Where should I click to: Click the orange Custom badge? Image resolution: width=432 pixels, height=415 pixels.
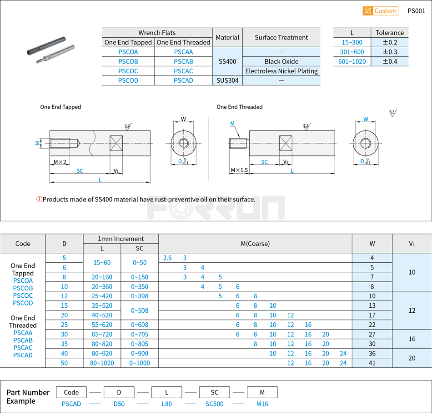point(380,11)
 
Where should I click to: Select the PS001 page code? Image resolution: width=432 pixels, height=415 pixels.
point(416,11)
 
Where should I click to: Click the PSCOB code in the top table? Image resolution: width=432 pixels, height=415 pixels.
point(128,61)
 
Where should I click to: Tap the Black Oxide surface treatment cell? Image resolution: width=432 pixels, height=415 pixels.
point(281,61)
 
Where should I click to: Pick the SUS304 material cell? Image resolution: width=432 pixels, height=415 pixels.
point(227,80)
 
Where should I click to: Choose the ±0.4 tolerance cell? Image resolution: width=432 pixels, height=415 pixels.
point(389,61)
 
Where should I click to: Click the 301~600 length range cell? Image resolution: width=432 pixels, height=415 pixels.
point(352,52)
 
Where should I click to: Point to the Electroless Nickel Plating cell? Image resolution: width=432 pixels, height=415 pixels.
point(281,71)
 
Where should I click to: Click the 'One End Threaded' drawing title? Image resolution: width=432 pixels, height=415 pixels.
point(239,107)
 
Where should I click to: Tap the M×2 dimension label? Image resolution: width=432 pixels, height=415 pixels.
point(60,162)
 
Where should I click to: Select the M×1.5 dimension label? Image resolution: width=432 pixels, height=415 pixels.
point(239,170)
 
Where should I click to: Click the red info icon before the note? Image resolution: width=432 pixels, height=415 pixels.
point(39,199)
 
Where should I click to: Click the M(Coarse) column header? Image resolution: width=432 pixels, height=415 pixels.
point(255,244)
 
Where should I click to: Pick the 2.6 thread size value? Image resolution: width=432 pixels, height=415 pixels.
point(167,258)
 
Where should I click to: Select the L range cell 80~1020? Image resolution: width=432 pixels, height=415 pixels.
point(102,363)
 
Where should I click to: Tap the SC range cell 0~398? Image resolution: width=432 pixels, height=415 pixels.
point(140,296)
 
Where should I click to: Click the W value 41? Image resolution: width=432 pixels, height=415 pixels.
point(372,363)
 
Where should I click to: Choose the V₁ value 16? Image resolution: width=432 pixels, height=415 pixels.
point(412,339)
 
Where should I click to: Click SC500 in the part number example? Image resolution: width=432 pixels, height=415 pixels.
point(214,404)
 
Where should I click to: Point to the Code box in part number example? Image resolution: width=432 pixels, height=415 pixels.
point(71,392)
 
